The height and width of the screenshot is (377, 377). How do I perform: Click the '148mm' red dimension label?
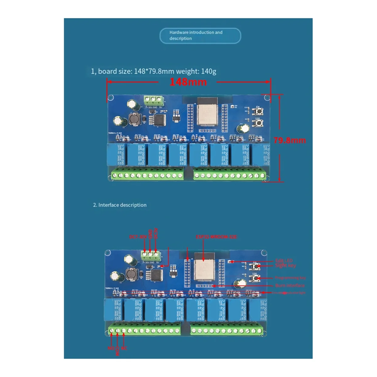(188, 82)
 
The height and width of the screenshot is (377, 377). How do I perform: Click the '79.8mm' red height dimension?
(289, 140)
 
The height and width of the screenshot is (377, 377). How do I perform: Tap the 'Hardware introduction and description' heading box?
(200, 36)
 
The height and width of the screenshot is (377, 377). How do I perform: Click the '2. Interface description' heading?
(120, 205)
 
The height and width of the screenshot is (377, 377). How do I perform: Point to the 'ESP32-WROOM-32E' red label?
(216, 237)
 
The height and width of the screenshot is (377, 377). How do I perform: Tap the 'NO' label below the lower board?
(111, 348)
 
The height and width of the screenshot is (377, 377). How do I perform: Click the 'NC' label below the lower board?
(124, 348)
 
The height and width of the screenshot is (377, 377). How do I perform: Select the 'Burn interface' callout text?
(290, 286)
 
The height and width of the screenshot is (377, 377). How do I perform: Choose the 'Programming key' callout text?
(290, 278)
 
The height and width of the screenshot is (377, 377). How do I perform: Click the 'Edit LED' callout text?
(284, 260)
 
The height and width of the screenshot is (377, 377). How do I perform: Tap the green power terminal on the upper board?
(154, 100)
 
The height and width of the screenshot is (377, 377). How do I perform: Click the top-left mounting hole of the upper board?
(111, 98)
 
